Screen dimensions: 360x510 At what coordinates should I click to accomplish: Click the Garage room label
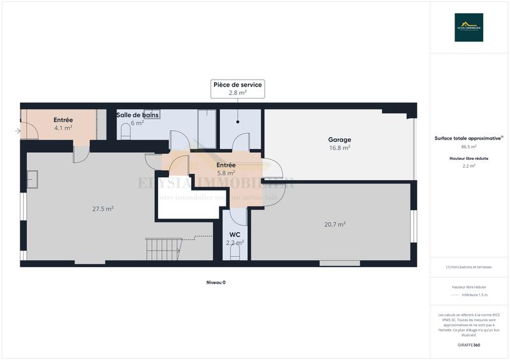pyautogui.click(x=339, y=140)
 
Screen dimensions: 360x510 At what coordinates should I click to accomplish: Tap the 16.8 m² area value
pyautogui.click(x=339, y=148)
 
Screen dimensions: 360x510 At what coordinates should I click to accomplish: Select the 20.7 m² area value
pyautogui.click(x=334, y=224)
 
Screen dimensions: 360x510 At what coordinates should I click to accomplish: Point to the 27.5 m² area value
pyautogui.click(x=103, y=208)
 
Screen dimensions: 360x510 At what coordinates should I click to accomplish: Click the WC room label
pyautogui.click(x=235, y=234)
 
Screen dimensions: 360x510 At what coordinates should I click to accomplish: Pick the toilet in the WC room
pyautogui.click(x=235, y=252)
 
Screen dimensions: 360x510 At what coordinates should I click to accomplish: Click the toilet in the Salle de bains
pyautogui.click(x=125, y=131)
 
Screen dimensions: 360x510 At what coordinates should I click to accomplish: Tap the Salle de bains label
pyautogui.click(x=137, y=115)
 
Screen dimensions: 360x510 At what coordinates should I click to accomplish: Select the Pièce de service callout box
pyautogui.click(x=237, y=89)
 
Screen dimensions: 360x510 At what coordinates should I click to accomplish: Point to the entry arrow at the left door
pyautogui.click(x=17, y=132)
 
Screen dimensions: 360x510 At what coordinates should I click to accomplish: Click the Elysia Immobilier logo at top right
pyautogui.click(x=469, y=27)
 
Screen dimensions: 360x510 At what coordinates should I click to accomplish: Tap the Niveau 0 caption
pyautogui.click(x=215, y=282)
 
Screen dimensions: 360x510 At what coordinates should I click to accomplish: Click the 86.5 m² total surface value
pyautogui.click(x=469, y=147)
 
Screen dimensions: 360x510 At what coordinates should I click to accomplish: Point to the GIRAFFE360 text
pyautogui.click(x=469, y=345)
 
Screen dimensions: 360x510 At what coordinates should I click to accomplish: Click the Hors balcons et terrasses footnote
pyautogui.click(x=469, y=267)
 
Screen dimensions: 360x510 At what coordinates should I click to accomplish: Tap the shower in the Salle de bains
pyautogui.click(x=207, y=128)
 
